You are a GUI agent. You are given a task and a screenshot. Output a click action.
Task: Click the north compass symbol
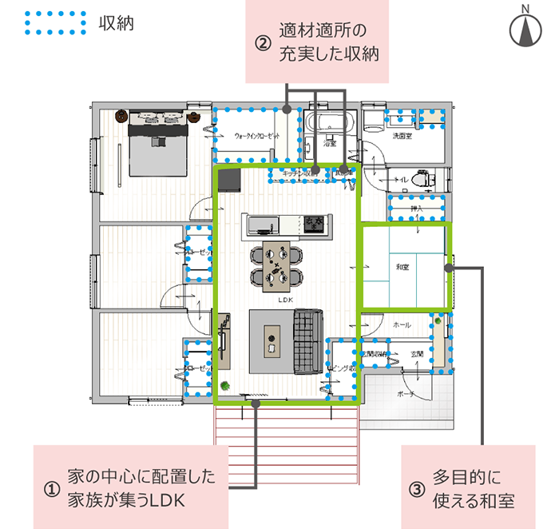point(525,30)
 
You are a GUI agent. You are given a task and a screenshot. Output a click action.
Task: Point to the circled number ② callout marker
point(263,43)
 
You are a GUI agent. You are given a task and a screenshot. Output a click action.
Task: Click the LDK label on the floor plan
point(286,300)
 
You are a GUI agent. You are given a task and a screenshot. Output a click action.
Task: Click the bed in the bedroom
point(157,144)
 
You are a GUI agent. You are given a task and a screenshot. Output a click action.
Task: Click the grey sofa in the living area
point(307,340)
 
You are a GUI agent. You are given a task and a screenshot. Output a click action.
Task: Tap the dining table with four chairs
point(277,264)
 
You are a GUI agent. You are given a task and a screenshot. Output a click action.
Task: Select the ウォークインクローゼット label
point(256,136)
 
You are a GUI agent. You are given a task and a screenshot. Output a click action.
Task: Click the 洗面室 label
point(401,137)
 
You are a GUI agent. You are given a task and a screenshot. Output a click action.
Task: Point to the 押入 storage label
point(416,209)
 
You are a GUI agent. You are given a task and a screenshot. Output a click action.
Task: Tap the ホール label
point(402,325)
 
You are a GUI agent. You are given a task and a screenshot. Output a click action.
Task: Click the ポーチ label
point(405,395)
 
